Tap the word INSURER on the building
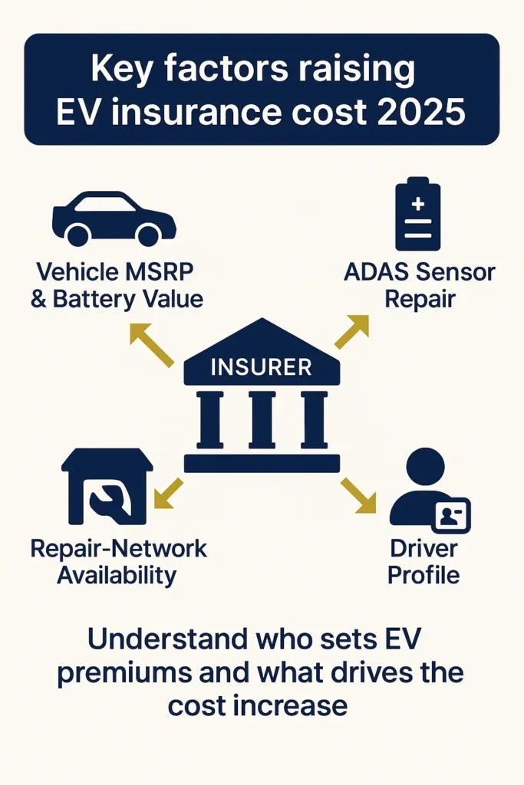[261, 367]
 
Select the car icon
[114, 218]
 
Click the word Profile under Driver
[423, 575]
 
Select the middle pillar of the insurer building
[262, 419]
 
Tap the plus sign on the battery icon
[418, 205]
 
